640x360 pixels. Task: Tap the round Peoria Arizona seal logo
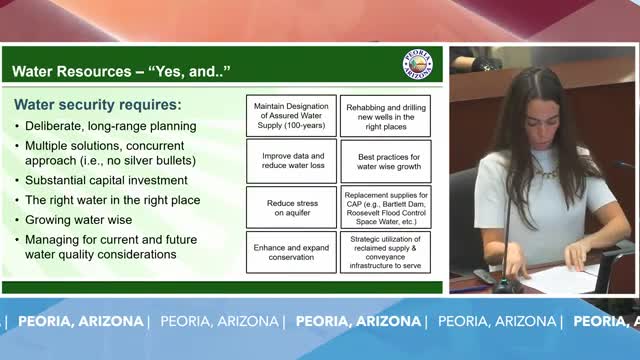click(417, 64)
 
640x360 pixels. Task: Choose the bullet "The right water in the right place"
click(114, 200)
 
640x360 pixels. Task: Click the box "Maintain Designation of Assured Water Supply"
click(291, 116)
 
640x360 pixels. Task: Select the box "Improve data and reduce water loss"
click(291, 162)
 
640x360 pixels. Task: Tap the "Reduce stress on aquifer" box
click(291, 207)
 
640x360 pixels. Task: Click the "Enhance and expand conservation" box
click(291, 251)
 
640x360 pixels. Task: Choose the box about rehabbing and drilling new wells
click(386, 116)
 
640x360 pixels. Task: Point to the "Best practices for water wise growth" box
click(386, 162)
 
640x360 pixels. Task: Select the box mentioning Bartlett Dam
click(386, 207)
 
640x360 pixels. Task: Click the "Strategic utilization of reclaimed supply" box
click(386, 251)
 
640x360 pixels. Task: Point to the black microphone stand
click(508, 240)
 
